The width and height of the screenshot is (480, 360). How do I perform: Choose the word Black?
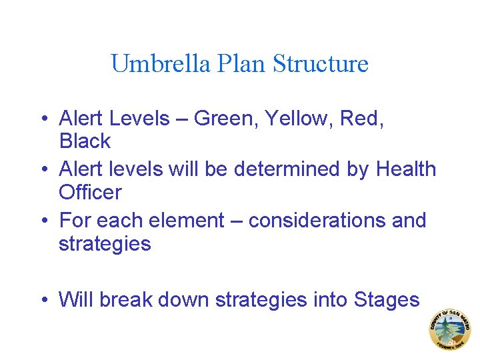coord(85,141)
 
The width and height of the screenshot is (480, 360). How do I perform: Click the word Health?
coord(406,169)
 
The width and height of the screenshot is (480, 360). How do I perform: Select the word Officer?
coord(90,193)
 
